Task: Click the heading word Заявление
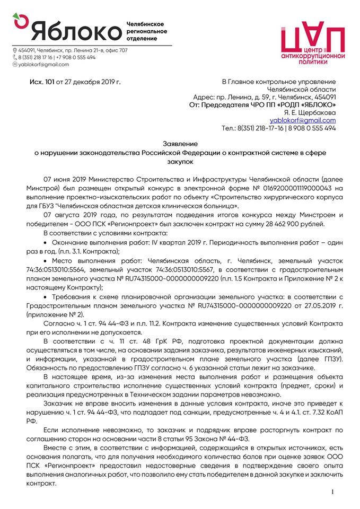pyautogui.click(x=180, y=144)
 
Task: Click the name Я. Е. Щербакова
pyautogui.click(x=311, y=112)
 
